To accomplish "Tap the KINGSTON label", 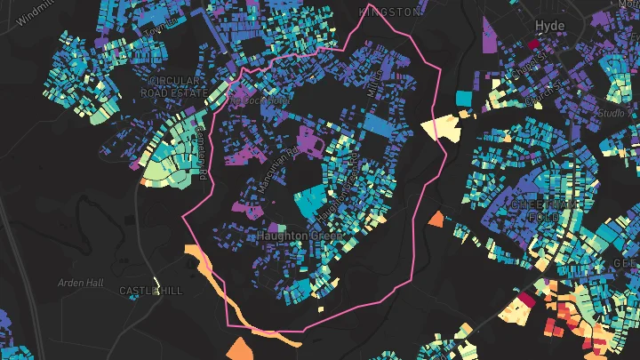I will (x=388, y=12).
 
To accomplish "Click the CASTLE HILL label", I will (x=150, y=291).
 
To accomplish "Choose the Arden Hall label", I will (x=81, y=283).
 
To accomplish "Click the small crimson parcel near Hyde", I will (x=533, y=43).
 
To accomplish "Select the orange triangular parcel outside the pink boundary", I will (x=436, y=219).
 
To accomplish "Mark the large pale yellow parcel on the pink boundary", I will (x=439, y=128).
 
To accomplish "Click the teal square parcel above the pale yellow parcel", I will (x=462, y=98).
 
